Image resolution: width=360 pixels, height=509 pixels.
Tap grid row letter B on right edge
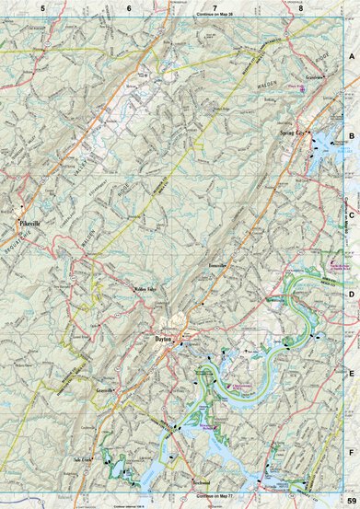point(351,134)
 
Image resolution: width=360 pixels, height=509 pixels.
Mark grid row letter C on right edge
point(351,214)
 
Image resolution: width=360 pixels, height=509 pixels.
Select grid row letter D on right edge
point(351,294)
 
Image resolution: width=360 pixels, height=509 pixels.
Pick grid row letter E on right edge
point(351,374)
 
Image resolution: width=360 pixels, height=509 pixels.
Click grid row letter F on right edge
point(351,453)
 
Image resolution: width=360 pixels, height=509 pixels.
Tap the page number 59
point(351,500)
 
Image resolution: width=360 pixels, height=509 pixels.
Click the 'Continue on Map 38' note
point(214,17)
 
